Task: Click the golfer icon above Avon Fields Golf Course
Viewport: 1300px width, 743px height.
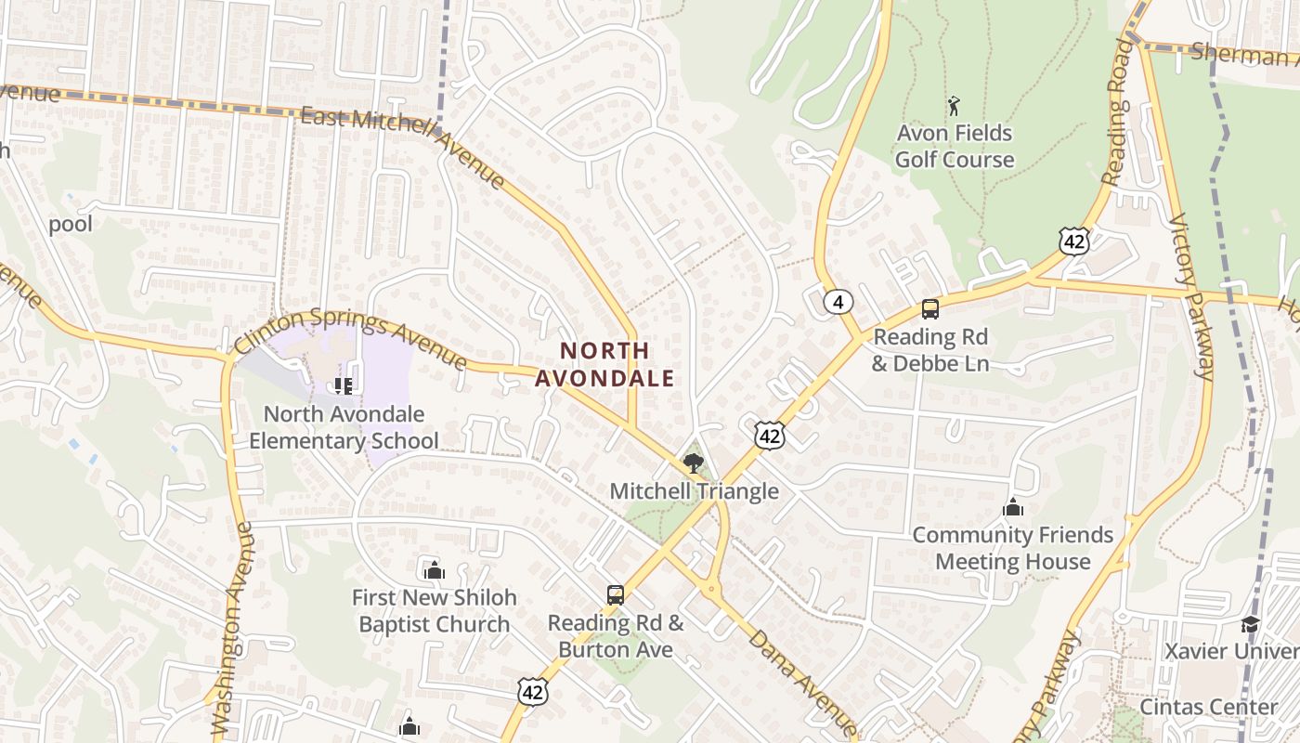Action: click(954, 106)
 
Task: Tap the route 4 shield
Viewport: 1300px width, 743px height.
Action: click(838, 301)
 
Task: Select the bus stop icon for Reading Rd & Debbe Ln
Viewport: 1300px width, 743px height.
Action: click(929, 309)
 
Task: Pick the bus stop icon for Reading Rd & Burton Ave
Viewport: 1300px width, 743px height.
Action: click(615, 594)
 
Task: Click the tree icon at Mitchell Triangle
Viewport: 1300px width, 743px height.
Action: click(693, 463)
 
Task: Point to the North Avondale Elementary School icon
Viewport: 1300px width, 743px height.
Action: click(343, 385)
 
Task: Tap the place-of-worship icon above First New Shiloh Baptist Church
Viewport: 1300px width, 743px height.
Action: click(434, 570)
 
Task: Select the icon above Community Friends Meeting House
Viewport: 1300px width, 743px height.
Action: click(1012, 507)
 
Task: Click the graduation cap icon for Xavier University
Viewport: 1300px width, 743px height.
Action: click(1250, 623)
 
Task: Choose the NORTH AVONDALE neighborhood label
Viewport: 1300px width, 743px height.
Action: click(604, 364)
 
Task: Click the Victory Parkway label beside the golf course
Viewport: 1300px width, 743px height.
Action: click(1191, 297)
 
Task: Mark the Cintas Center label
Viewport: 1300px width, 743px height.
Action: click(1209, 707)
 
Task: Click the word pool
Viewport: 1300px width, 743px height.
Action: click(71, 224)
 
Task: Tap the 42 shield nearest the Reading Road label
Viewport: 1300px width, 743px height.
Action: click(1074, 241)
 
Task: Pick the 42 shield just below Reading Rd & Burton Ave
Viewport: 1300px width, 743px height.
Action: click(533, 691)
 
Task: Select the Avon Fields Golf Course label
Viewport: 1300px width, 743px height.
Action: click(955, 146)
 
